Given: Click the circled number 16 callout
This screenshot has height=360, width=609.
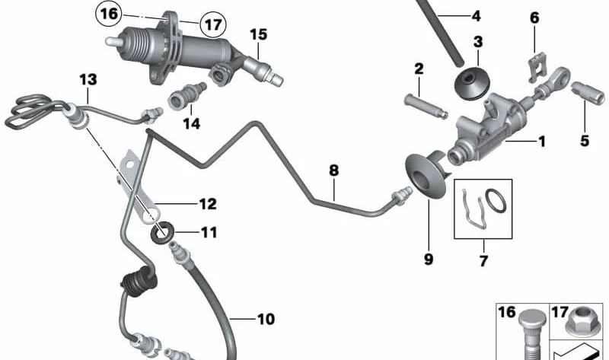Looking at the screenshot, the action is point(109,14).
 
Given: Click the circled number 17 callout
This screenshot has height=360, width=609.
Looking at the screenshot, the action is point(213,25).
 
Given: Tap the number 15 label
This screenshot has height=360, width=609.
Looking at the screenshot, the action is point(258,34).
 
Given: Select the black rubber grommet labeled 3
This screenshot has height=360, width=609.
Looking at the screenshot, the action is point(472,83).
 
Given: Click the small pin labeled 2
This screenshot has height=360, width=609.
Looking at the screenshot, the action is point(426,106).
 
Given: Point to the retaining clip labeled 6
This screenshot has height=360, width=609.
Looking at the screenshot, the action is point(537,68).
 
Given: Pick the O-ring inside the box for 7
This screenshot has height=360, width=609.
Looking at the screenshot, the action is point(496,200).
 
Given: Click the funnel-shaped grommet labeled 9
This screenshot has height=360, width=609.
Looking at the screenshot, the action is point(426,176).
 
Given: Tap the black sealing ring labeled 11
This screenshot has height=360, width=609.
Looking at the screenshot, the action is point(162,233).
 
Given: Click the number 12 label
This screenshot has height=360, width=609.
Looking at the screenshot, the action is point(208,204).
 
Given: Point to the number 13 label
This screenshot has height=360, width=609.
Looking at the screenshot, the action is point(88,80).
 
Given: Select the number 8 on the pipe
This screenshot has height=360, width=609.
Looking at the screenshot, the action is point(333,170).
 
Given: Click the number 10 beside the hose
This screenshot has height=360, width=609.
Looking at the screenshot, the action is point(266,319).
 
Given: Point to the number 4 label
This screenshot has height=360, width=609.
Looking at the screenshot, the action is point(477,16).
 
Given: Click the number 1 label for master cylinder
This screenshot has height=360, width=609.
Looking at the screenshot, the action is point(542,142).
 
